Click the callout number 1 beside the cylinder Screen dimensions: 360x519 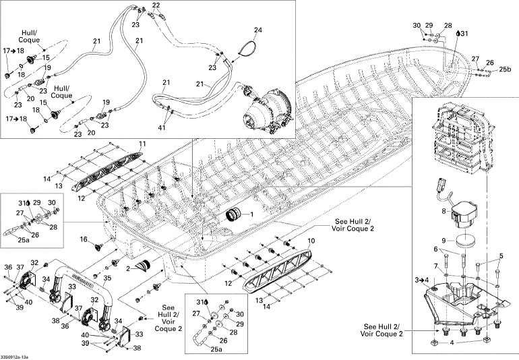252,214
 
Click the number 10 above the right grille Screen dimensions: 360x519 311,240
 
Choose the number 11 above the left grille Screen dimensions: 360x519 142,144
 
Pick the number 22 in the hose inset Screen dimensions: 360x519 156,5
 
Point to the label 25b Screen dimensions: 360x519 505,69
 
